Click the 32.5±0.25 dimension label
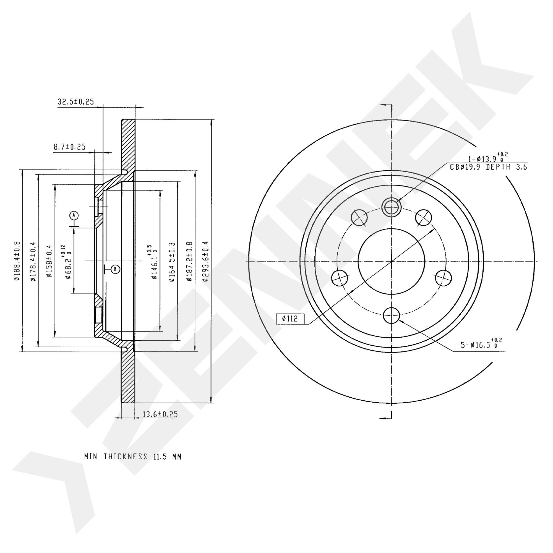pyautogui.click(x=76, y=102)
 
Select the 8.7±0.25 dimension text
pyautogui.click(x=70, y=147)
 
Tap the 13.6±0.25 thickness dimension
pyautogui.click(x=160, y=414)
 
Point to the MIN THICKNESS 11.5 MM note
pyautogui.click(x=133, y=457)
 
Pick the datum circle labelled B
pyautogui.click(x=115, y=269)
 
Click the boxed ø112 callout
pyautogui.click(x=290, y=319)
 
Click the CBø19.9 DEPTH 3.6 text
pyautogui.click(x=488, y=168)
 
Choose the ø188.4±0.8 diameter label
pyautogui.click(x=17, y=261)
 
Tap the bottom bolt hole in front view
pyautogui.click(x=391, y=315)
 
